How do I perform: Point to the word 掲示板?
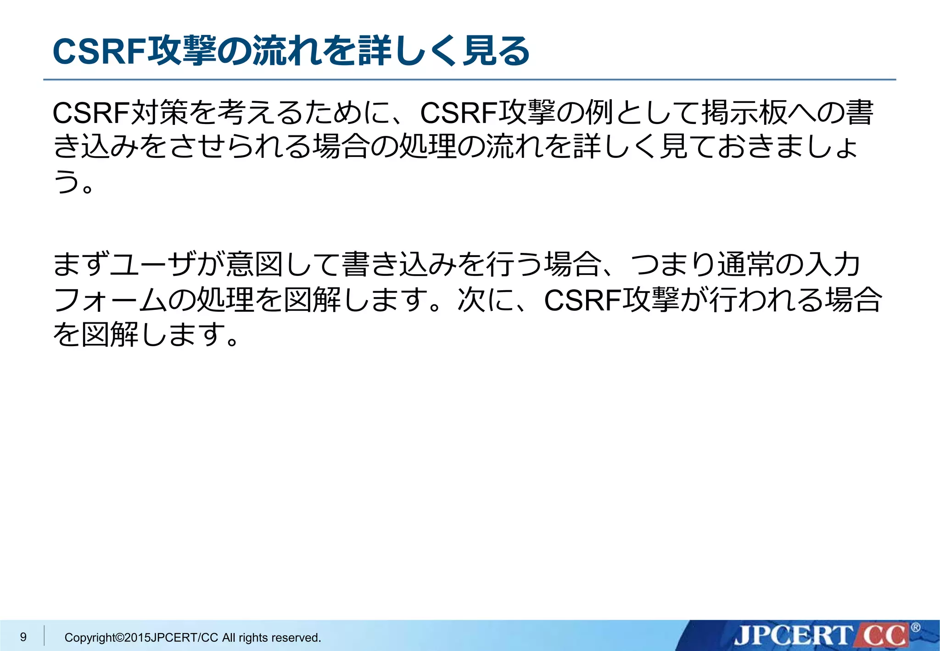point(744,112)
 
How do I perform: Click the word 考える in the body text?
point(246,112)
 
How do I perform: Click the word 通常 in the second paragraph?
point(746,265)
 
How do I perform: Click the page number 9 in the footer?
point(23,637)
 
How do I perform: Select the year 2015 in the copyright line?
point(138,638)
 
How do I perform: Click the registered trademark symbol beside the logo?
point(915,627)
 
